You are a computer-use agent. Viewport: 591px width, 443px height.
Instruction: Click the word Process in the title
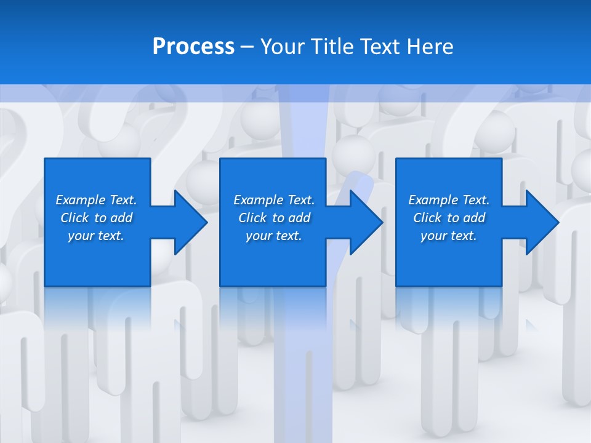click(193, 47)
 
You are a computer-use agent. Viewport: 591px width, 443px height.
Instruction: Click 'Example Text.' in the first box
click(96, 200)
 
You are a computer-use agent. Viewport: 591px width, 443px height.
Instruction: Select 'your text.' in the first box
click(96, 236)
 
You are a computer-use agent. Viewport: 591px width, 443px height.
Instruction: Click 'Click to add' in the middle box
click(274, 218)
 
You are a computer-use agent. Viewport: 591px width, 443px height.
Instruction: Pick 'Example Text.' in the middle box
click(274, 200)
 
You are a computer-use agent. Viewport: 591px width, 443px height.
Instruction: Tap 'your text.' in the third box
click(449, 236)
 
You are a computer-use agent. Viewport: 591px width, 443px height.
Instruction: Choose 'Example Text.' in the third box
click(449, 200)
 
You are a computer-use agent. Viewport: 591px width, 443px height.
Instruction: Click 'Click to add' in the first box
click(96, 218)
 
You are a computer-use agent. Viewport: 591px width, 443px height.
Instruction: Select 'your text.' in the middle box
click(274, 236)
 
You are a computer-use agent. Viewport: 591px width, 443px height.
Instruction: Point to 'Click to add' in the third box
click(449, 218)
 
